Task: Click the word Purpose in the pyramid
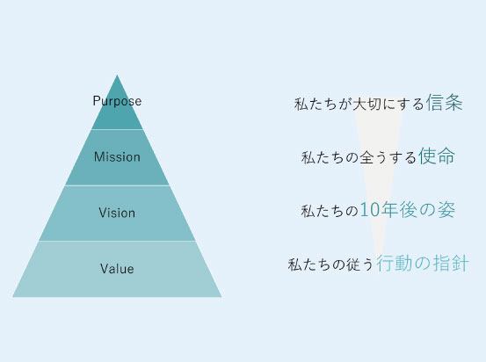[117, 101]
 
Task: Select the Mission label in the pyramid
[117, 156]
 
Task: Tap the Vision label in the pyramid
[117, 213]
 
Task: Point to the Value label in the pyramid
[117, 269]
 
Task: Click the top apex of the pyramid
[117, 75]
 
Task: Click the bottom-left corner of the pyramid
[12, 297]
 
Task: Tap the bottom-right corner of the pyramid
[221, 297]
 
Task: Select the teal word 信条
[444, 102]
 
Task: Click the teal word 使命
[437, 156]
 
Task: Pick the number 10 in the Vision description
[370, 210]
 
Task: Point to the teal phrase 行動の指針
[423, 264]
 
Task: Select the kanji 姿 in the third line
[446, 210]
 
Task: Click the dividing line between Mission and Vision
[117, 185]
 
